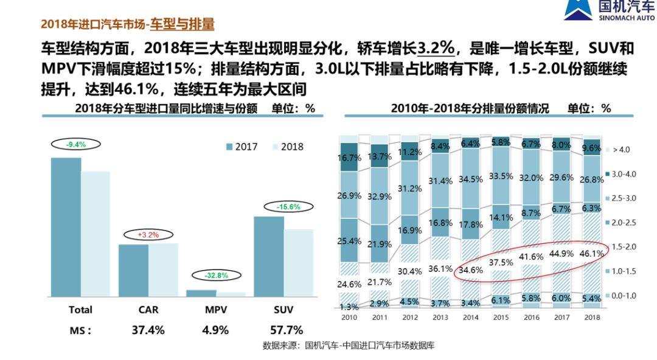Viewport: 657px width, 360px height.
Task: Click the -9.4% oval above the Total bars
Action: (76, 145)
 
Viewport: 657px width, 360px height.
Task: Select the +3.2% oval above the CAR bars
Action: (148, 234)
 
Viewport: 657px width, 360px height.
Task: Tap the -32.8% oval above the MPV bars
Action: (216, 275)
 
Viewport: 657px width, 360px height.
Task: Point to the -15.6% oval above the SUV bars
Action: (288, 207)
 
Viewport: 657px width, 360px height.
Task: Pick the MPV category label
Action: (216, 310)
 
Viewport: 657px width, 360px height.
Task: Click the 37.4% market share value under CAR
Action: (148, 330)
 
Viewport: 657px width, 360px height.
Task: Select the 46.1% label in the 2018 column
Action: (592, 253)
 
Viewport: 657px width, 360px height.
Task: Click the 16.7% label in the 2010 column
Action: (350, 158)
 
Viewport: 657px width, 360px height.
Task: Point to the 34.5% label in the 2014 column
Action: (471, 179)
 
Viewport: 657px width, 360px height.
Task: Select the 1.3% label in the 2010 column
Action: (350, 307)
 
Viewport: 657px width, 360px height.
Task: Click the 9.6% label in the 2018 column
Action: (592, 147)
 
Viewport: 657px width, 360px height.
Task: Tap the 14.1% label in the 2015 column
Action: (501, 218)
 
